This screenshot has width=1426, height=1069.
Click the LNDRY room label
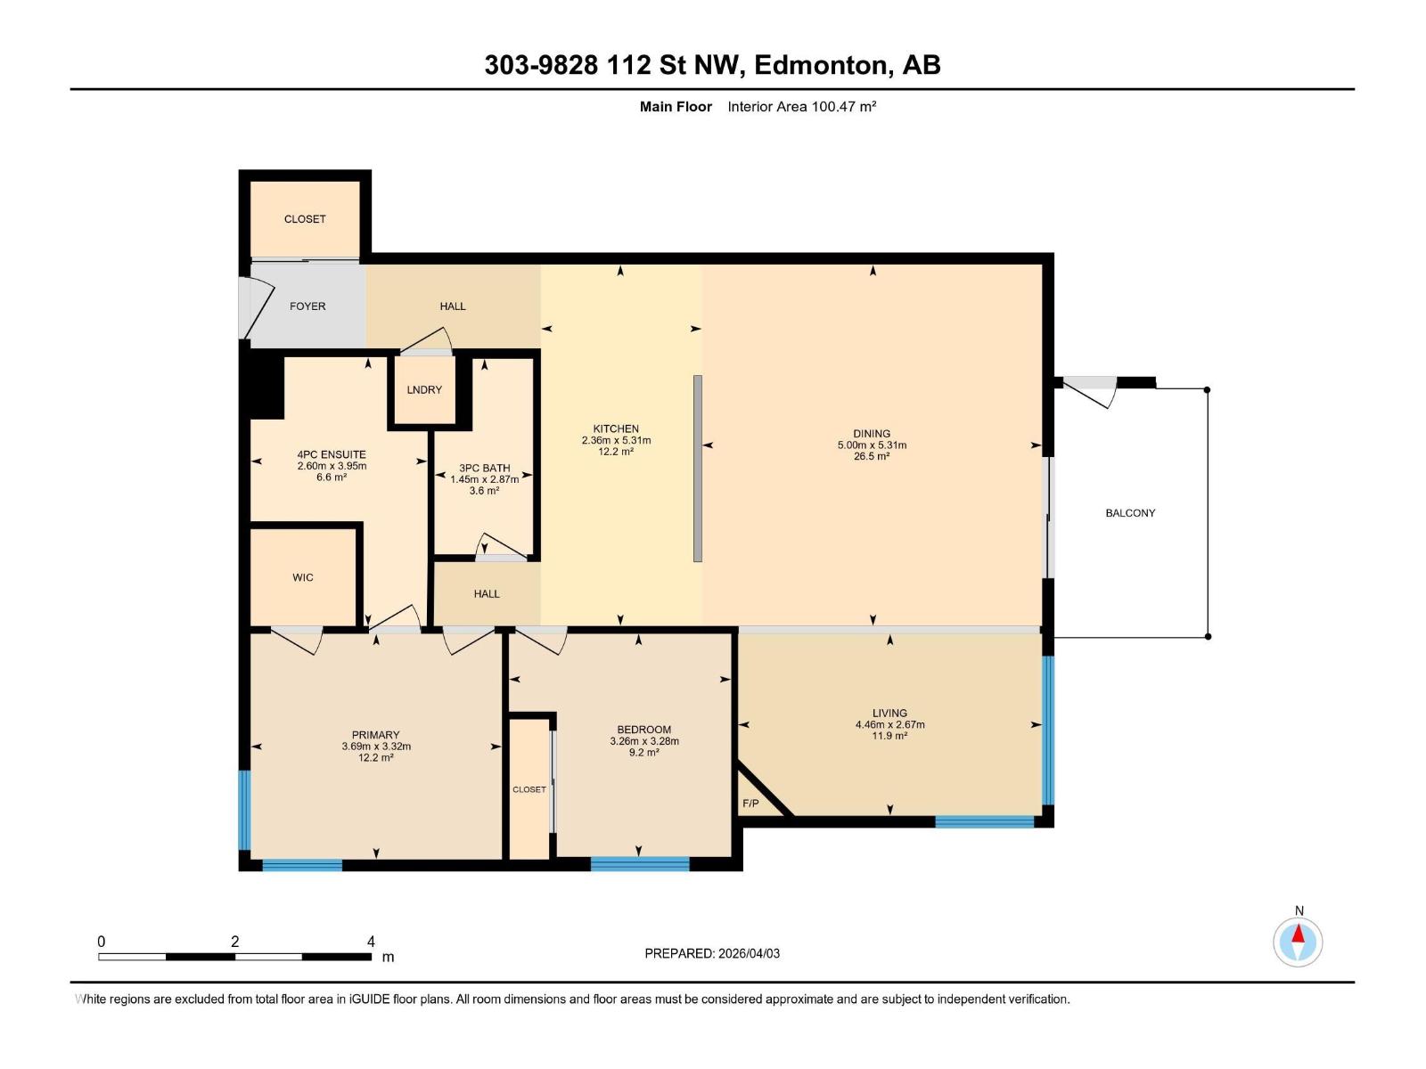pos(424,390)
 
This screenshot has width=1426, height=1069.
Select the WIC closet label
pos(303,578)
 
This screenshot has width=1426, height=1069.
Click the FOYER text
pos(307,306)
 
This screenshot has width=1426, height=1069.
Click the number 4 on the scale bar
pos(371,942)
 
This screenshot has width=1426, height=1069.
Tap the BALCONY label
pos(1130,513)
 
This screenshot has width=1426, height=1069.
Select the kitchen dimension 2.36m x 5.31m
pos(616,441)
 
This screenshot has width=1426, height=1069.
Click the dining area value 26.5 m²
pos(872,457)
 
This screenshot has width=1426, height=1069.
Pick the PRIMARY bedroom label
pos(375,736)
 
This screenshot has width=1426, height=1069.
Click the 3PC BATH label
pos(484,468)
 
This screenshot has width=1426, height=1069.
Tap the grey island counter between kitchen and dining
pos(698,469)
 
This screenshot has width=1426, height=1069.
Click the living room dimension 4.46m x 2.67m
pos(889,725)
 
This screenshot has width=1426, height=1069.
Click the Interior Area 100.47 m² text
pos(801,107)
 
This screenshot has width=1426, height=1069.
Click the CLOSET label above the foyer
pos(305,219)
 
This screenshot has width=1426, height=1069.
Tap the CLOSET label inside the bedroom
pos(529,790)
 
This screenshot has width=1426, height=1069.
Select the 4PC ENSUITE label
pos(332,454)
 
